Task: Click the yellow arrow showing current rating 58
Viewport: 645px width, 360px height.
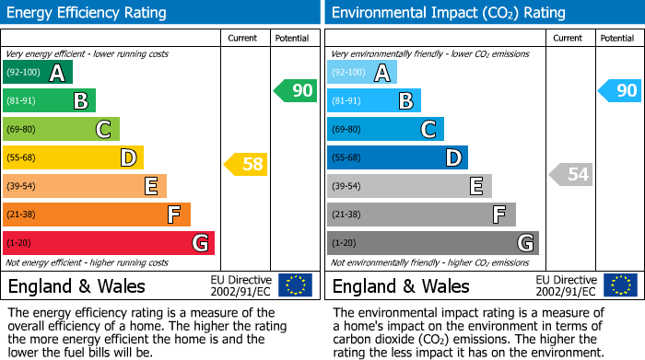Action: (x=245, y=165)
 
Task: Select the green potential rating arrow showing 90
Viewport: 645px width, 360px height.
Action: (x=295, y=91)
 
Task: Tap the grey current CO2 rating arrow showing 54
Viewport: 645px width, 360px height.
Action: (x=570, y=174)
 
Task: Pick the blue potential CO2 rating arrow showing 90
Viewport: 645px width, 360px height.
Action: (x=619, y=90)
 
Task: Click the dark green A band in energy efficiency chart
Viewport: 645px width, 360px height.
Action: (x=38, y=73)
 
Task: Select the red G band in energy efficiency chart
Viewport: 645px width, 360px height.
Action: (x=109, y=243)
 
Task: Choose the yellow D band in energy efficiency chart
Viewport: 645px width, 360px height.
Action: (x=73, y=158)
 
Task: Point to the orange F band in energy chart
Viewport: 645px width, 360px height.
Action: (x=97, y=215)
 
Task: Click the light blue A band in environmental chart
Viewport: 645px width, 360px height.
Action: (x=362, y=73)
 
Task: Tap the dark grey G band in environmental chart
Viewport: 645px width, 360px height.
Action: (x=432, y=243)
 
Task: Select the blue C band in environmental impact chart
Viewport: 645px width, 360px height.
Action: (x=385, y=130)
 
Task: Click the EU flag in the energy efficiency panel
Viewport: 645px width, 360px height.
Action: (x=295, y=285)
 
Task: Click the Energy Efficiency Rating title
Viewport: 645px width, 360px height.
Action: (x=88, y=13)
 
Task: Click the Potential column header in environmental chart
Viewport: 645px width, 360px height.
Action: (x=617, y=39)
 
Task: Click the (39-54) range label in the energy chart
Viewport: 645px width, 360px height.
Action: (x=21, y=187)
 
